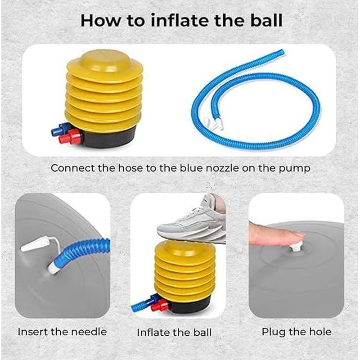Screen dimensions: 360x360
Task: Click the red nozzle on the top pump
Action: click(70, 136)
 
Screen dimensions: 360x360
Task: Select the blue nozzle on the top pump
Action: click(60, 129)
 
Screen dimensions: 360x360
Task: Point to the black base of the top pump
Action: click(108, 139)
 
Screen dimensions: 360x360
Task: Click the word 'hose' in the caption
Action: click(130, 168)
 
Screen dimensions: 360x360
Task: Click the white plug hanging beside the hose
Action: click(35, 245)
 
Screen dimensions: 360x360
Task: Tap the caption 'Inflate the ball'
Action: click(174, 333)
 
